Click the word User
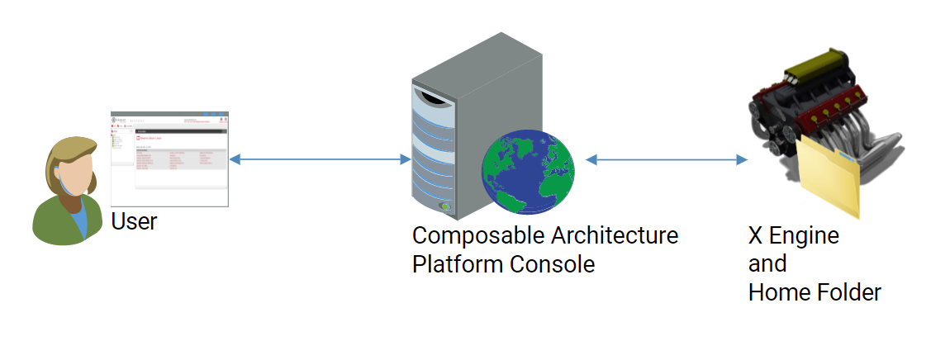tap(134, 221)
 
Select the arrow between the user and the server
tap(320, 159)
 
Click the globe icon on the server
tap(528, 174)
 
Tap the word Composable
tap(474, 236)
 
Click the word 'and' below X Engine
tap(767, 264)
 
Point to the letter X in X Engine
tap(755, 237)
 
